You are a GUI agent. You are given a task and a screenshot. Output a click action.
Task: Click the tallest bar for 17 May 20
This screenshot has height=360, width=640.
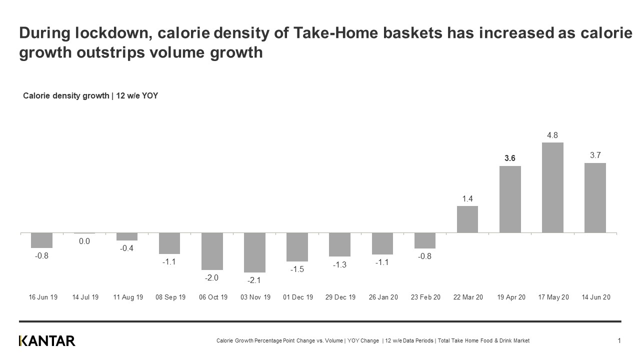552,187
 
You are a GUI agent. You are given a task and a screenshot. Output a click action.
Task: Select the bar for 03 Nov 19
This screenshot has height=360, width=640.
254,252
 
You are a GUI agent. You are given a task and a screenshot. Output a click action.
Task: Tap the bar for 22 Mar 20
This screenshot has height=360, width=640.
467,219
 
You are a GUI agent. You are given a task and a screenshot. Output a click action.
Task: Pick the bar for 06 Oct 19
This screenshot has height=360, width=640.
212,251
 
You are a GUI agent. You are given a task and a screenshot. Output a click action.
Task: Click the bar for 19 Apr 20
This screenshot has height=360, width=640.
510,199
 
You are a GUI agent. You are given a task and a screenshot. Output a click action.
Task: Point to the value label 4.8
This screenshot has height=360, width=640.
552,135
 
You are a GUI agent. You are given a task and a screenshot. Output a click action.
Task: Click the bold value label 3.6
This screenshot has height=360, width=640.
510,158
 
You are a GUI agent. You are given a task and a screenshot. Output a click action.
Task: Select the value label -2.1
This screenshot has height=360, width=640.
254,280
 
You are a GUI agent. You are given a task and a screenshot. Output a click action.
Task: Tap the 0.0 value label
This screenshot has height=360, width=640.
84,241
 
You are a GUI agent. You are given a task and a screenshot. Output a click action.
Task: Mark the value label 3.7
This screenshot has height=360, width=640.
595,155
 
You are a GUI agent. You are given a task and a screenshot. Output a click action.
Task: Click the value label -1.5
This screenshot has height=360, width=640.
297,269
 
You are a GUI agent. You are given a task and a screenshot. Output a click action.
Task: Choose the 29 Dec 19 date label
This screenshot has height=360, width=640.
340,297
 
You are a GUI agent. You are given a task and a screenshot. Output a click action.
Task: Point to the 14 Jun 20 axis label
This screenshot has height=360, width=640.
595,297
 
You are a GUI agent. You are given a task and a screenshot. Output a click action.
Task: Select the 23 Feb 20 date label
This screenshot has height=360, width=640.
425,297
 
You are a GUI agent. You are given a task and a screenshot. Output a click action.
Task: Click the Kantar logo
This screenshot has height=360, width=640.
47,341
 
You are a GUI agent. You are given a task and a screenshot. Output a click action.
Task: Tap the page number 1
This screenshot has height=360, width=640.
619,341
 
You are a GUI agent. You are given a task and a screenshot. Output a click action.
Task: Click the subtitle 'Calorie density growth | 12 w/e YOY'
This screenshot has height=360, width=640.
90,95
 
